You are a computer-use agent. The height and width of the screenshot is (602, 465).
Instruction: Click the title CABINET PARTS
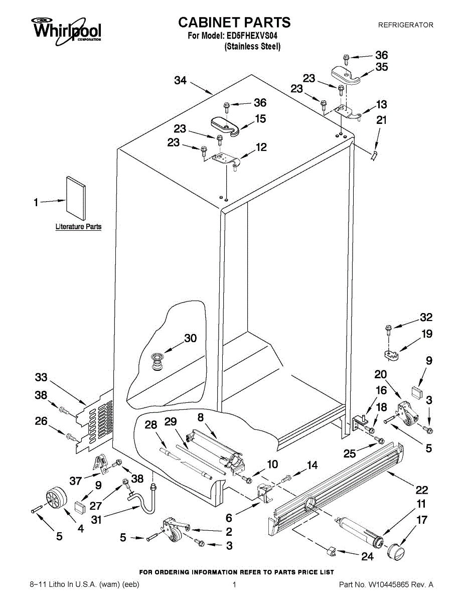[x=234, y=22]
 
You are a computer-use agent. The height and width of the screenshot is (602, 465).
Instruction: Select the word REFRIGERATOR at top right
[x=405, y=25]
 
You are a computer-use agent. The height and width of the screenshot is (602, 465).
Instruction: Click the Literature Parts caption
[x=78, y=227]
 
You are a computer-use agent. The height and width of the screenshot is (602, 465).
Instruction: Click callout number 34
[x=181, y=80]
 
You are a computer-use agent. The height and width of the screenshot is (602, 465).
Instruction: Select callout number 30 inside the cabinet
[x=191, y=339]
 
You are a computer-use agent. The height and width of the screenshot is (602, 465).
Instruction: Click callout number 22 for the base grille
[x=422, y=490]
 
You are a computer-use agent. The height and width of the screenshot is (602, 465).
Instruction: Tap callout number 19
[x=426, y=334]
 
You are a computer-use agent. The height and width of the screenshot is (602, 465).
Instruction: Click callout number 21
[x=382, y=120]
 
